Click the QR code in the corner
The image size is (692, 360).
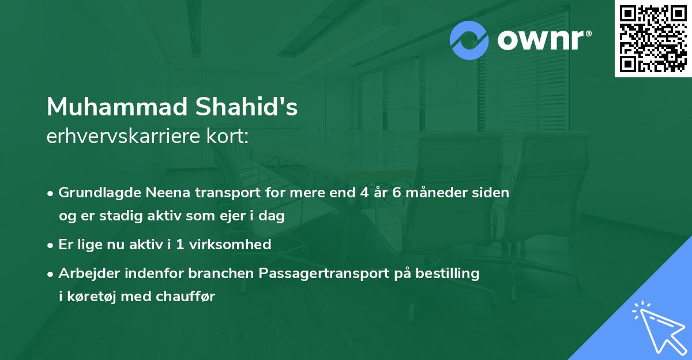tap(653, 38)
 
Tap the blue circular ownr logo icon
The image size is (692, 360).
tap(469, 40)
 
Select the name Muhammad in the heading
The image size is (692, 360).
tap(115, 107)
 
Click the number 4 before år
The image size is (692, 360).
tap(363, 192)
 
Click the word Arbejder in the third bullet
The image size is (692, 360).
tap(86, 273)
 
